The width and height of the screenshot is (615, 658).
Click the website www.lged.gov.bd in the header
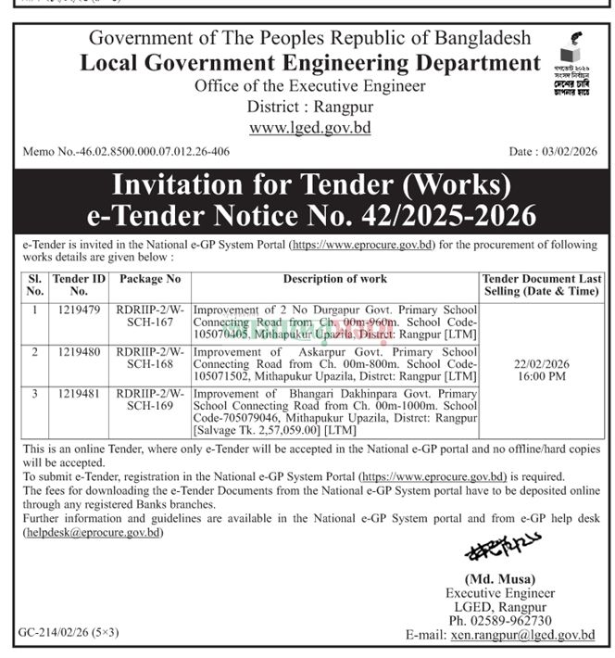[309, 127]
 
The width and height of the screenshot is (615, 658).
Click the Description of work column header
[335, 278]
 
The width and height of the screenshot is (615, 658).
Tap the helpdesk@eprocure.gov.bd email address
[93, 533]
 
